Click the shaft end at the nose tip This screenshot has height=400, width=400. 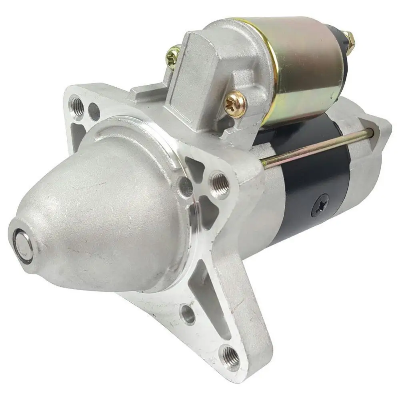(22, 245)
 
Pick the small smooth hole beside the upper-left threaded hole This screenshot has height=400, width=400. (94, 112)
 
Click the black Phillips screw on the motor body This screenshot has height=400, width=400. (320, 205)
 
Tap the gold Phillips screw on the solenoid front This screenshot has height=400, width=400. (234, 104)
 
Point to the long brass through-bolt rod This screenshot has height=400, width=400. (316, 148)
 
